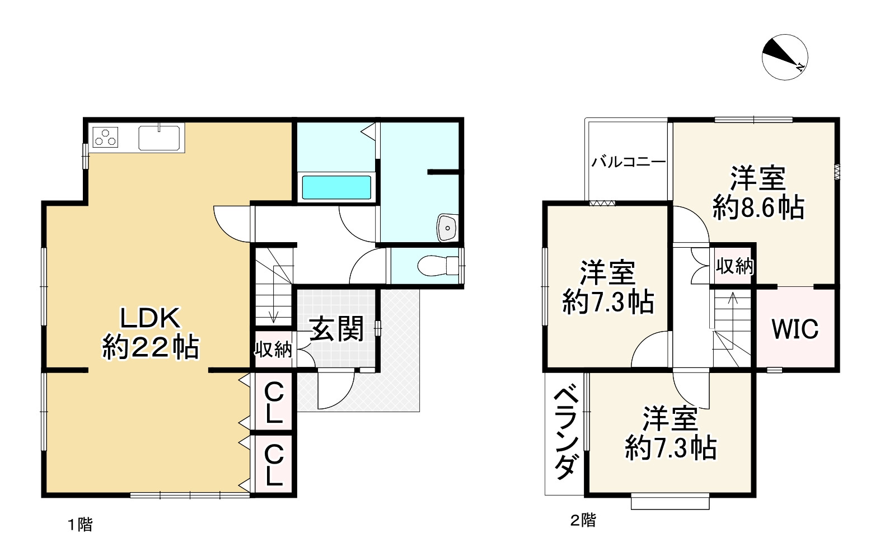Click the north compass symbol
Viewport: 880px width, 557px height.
click(784, 57)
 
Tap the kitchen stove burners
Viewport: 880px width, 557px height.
click(105, 137)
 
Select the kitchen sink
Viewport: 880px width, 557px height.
click(160, 138)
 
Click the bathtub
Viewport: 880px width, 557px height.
click(336, 187)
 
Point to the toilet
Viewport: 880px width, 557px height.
click(438, 266)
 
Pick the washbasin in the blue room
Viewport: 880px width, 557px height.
click(447, 228)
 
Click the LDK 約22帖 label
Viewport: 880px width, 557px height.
click(151, 333)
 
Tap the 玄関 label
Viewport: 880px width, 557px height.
click(337, 328)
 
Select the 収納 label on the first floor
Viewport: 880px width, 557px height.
click(273, 350)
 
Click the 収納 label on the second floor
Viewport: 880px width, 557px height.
click(734, 266)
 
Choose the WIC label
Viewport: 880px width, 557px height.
click(795, 329)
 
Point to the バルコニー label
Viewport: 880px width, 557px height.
click(629, 162)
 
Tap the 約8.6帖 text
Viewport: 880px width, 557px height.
click(759, 208)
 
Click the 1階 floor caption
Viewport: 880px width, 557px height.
click(80, 525)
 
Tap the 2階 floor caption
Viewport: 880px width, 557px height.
click(583, 521)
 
